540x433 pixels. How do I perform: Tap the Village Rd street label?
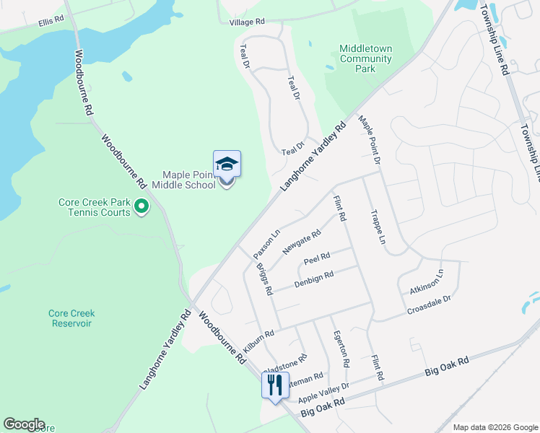coord(248,22)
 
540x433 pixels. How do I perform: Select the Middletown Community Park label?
coord(366,59)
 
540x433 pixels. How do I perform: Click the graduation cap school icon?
coord(227,165)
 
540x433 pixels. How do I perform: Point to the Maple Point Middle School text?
coord(189,180)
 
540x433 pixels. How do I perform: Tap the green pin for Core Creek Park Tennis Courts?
coord(141,208)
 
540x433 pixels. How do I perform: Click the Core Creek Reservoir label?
coord(71,318)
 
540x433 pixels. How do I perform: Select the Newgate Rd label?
coord(301,242)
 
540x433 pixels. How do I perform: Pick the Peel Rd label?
coord(317,258)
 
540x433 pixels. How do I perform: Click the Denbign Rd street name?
coord(313,279)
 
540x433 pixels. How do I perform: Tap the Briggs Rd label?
coord(264,280)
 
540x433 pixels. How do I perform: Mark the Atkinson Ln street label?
coord(426,281)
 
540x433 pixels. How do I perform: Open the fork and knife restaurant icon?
coord(274,385)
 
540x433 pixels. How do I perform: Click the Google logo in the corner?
coord(23,424)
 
